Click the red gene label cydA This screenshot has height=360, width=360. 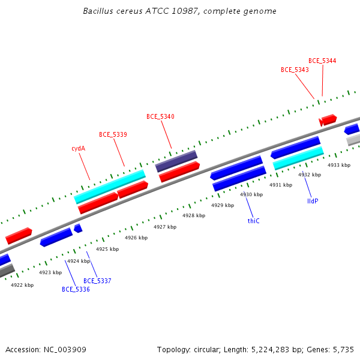coord(78,148)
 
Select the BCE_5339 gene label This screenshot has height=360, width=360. coord(113,134)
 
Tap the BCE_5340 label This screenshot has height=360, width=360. coord(160,116)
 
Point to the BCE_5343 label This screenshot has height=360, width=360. coord(295,70)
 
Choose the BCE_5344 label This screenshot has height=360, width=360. coord(322,61)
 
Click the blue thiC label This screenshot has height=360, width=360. coord(253,221)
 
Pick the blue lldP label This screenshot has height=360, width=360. coord(313,201)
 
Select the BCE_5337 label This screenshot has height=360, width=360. coord(97,281)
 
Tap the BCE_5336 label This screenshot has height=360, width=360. coord(76,289)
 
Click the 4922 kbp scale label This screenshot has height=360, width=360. coord(22,285)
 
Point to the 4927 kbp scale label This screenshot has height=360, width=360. coord(165,227)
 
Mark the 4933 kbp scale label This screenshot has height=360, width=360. coord(339,166)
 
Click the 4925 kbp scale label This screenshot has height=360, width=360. coord(107,249)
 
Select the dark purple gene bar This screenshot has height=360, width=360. coord(176,161)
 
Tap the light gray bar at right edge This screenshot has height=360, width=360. coord(353,140)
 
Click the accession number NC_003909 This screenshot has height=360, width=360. coord(65,350)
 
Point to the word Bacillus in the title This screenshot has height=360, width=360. coord(98,11)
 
